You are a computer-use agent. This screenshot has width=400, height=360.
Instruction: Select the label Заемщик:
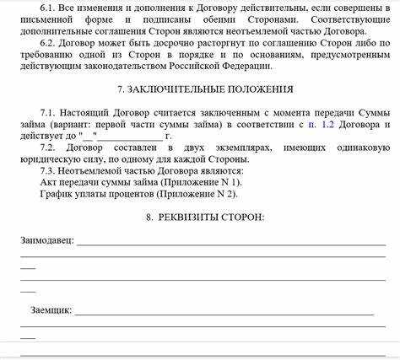(50, 310)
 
